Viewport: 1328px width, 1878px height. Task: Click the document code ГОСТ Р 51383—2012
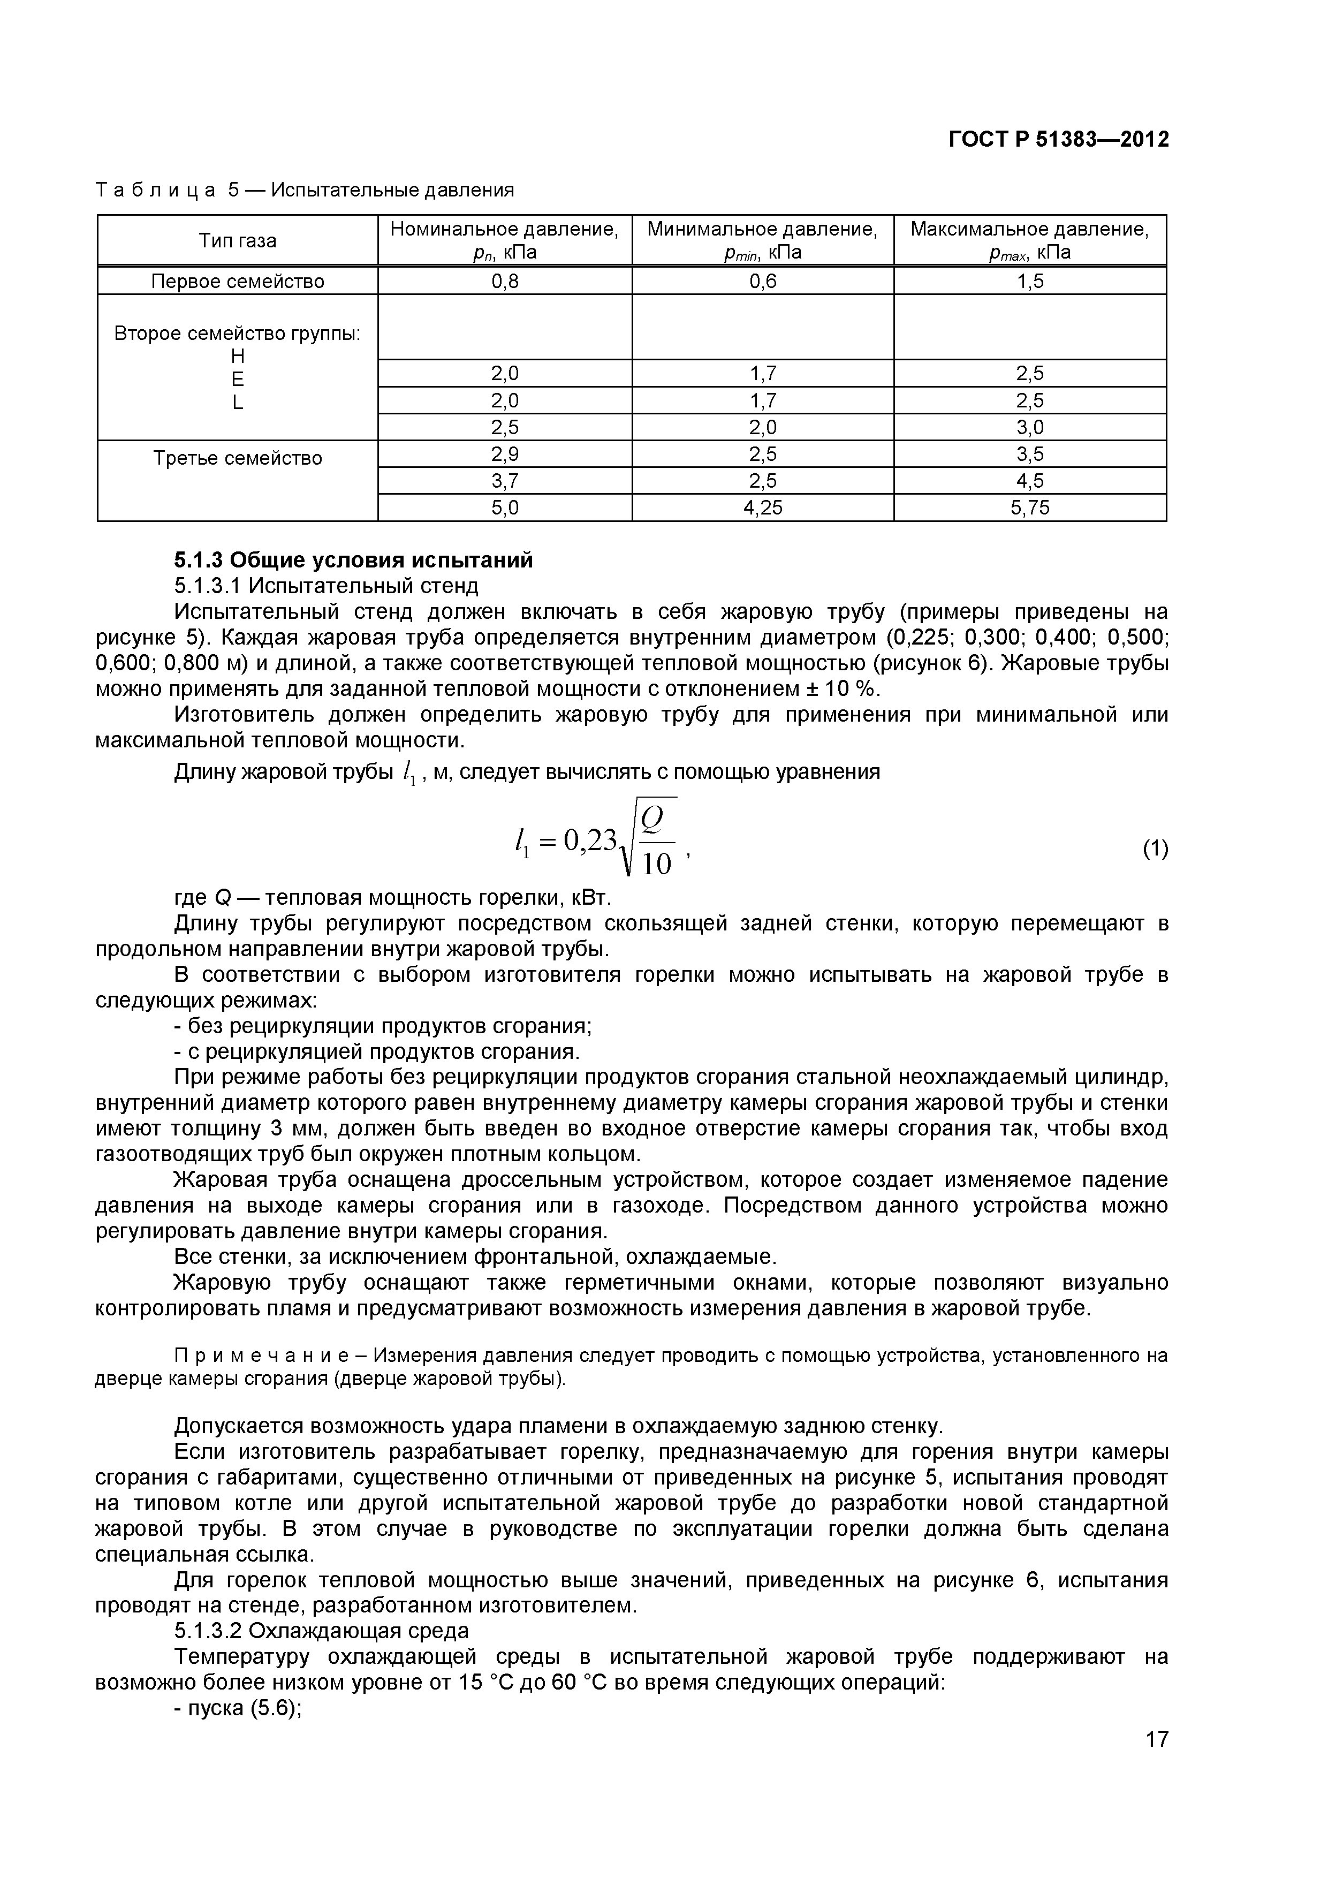point(1058,140)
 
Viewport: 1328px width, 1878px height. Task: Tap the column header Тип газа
point(237,240)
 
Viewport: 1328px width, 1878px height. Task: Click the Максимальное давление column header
point(1029,240)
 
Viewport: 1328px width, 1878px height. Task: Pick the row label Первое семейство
point(237,282)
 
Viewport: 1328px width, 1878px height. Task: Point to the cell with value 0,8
point(505,282)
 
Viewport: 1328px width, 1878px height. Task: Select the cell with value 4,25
point(762,508)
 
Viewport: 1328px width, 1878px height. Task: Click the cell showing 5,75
point(1029,508)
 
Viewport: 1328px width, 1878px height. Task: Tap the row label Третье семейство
point(237,458)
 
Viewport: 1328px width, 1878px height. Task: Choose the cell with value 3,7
point(505,481)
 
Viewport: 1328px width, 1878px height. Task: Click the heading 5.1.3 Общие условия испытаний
point(353,561)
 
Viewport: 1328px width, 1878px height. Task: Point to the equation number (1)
point(1155,850)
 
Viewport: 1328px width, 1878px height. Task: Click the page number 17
point(1156,1762)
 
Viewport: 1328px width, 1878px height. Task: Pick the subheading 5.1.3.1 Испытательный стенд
point(325,586)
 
